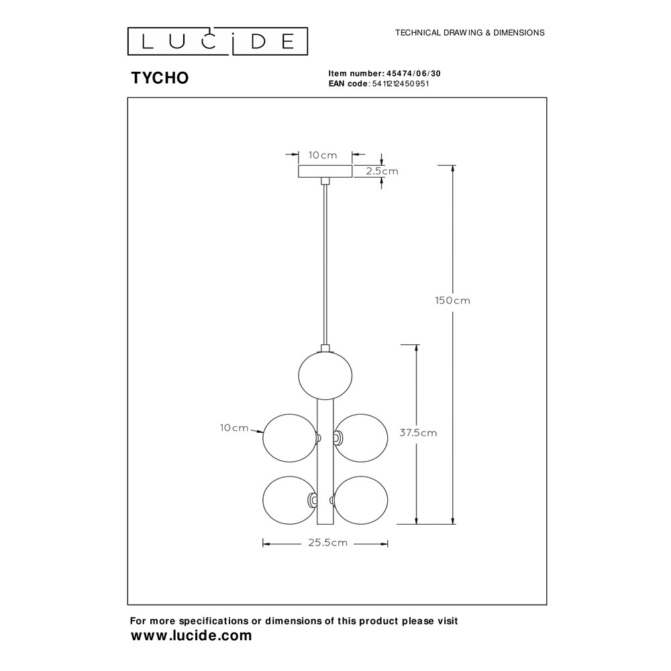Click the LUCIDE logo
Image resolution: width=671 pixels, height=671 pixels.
(217, 42)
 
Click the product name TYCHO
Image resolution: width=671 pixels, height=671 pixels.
(160, 78)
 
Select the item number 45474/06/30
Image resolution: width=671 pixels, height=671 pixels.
(413, 74)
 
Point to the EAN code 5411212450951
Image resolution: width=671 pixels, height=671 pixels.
(401, 84)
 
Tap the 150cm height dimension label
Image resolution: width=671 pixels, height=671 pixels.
(452, 301)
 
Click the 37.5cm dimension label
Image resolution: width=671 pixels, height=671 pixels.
(418, 433)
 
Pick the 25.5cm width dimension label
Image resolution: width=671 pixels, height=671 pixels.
(328, 543)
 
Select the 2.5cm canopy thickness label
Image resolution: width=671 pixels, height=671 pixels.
(382, 171)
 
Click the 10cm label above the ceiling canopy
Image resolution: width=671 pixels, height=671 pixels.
(323, 156)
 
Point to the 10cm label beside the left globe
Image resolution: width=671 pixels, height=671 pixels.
(234, 427)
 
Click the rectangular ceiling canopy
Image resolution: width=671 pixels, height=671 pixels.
(325, 171)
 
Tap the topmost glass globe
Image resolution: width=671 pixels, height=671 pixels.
(325, 375)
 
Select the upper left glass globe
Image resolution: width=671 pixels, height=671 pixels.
(290, 438)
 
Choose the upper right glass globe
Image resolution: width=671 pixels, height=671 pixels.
(361, 438)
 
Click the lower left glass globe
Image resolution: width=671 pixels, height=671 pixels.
(290, 501)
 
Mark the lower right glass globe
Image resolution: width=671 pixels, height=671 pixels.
(361, 501)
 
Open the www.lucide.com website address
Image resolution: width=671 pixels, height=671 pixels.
(191, 635)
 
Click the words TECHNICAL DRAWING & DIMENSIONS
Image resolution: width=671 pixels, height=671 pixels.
(470, 32)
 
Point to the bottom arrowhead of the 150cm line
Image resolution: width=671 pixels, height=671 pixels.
(453, 521)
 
